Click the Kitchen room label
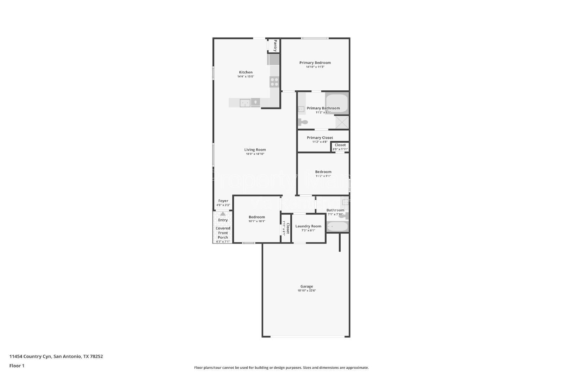(x=246, y=72)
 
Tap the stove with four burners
(x=274, y=82)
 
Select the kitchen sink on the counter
(x=245, y=103)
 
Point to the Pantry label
(x=275, y=45)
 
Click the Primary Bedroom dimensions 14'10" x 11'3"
(x=315, y=67)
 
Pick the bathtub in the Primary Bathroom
(x=336, y=103)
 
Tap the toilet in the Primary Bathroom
(x=303, y=122)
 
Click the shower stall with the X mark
(x=342, y=122)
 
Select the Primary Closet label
(x=320, y=138)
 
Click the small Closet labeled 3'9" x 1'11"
(x=340, y=147)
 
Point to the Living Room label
(x=255, y=150)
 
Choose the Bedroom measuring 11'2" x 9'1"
(x=323, y=174)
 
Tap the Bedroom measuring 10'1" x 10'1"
(x=257, y=219)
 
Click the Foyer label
(x=223, y=201)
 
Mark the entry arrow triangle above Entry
(x=223, y=214)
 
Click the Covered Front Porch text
(x=223, y=233)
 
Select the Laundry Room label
(x=308, y=226)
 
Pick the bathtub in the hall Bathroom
(x=337, y=227)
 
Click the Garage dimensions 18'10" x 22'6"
(x=306, y=291)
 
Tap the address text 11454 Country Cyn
(x=31, y=356)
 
